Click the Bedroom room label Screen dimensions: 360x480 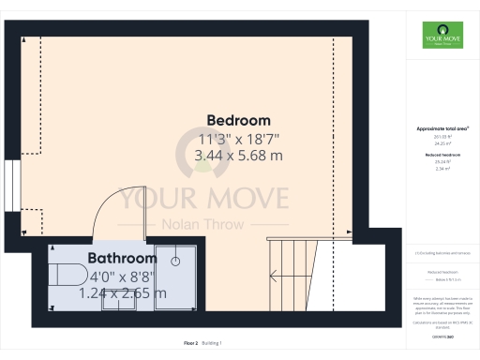(238, 121)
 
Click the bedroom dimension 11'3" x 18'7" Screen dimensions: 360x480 (238, 140)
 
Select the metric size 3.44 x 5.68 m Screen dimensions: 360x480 (238, 157)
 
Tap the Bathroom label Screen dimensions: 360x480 (121, 258)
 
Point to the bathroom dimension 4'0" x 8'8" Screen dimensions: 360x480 (121, 277)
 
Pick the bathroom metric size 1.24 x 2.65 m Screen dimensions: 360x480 (121, 293)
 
